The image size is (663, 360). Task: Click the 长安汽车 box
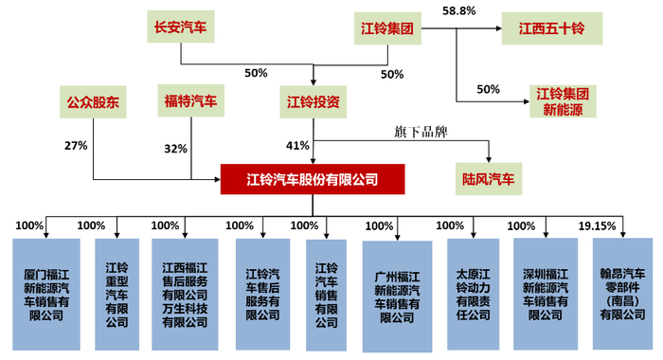point(178,27)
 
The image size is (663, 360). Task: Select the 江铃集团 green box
point(386,28)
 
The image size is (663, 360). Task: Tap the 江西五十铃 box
point(551,28)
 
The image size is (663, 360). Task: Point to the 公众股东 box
point(93,101)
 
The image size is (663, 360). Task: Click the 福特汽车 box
point(190,101)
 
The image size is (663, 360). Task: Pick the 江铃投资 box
point(314,101)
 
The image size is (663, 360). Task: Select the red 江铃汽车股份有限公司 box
point(313,178)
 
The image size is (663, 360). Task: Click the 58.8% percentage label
point(458,10)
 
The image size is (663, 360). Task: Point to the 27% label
point(76,145)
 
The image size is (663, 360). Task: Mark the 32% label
point(175,149)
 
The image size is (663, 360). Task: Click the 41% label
point(297,145)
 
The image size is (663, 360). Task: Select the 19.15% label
point(597,225)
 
